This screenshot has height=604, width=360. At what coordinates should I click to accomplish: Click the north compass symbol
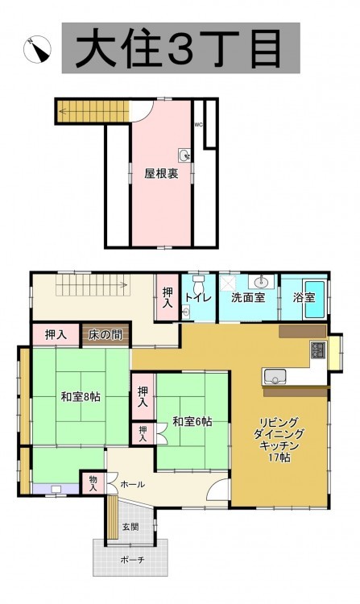(x=37, y=49)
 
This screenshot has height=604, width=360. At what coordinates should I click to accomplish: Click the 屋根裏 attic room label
(x=161, y=174)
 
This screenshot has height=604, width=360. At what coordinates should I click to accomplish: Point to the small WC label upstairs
(x=198, y=124)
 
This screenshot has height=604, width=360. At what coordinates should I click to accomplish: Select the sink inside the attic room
(x=184, y=155)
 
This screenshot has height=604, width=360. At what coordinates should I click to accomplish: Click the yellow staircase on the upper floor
(x=93, y=111)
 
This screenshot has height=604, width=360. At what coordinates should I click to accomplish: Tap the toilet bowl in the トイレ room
(x=198, y=284)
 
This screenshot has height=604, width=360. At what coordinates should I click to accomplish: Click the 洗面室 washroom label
(x=248, y=297)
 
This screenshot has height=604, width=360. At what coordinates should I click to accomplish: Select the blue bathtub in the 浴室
(x=315, y=300)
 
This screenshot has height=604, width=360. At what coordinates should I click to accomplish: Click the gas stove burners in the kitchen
(x=318, y=350)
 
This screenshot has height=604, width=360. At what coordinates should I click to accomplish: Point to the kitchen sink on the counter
(x=274, y=376)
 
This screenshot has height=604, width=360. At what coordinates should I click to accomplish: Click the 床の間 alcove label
(x=106, y=335)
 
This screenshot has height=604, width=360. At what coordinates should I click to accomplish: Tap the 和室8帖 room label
(x=81, y=397)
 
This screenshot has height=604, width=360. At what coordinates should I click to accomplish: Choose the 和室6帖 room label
(x=192, y=421)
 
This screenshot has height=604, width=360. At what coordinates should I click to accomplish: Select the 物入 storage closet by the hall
(x=93, y=483)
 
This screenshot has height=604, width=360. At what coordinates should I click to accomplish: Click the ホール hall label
(x=133, y=485)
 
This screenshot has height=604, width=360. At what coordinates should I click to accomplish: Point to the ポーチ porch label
(x=132, y=560)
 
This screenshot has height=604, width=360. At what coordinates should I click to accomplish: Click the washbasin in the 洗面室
(x=261, y=282)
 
